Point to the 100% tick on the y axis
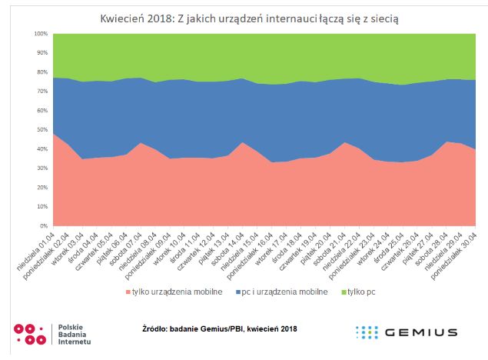[41, 35]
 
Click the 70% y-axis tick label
[42, 92]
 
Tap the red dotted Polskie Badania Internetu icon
[30, 333]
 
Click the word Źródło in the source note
[158, 328]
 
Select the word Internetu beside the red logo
[75, 342]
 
